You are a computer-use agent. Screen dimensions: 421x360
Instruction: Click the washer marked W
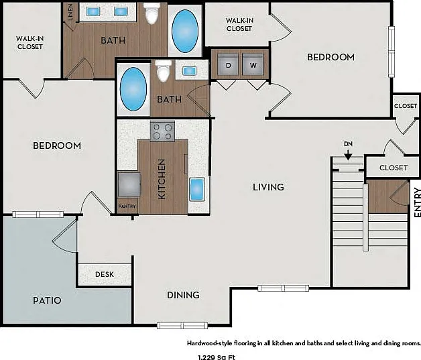(x=253, y=64)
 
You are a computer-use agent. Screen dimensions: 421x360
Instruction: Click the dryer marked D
(x=228, y=64)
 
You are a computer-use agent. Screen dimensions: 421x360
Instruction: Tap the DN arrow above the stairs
(x=348, y=155)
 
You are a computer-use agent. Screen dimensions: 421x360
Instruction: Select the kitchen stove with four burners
(x=162, y=131)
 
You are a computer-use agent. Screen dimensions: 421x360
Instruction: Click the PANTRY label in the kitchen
(x=127, y=206)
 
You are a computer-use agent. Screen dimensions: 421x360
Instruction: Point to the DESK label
(x=105, y=274)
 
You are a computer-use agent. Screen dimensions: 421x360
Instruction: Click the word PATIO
(x=47, y=300)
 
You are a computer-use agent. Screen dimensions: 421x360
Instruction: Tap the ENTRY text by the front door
(x=417, y=202)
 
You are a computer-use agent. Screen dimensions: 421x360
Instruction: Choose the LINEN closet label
(x=70, y=12)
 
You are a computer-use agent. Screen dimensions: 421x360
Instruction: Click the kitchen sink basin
(x=197, y=189)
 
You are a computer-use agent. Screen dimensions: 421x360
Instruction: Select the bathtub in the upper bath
(x=185, y=31)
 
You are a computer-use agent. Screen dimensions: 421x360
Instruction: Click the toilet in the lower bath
(x=164, y=71)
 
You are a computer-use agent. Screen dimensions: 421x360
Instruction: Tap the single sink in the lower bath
(x=189, y=70)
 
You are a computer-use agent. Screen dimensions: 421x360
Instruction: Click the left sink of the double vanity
(x=93, y=11)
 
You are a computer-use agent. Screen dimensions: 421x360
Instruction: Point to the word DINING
(x=183, y=295)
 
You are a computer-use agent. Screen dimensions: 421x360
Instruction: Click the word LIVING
(x=269, y=187)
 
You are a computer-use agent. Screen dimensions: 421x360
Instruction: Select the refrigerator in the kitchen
(x=129, y=185)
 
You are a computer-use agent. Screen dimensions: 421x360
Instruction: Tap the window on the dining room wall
(x=182, y=326)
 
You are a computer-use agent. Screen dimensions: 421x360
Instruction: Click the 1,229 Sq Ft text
(x=217, y=357)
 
